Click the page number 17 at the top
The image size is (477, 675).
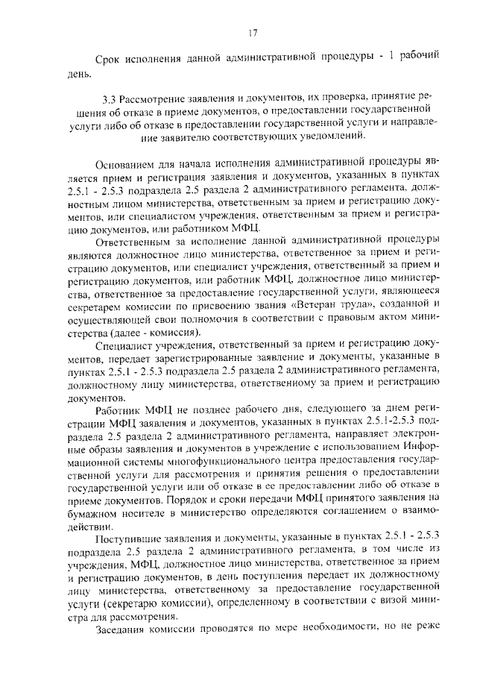[252, 33]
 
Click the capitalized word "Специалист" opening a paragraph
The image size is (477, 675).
[127, 346]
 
